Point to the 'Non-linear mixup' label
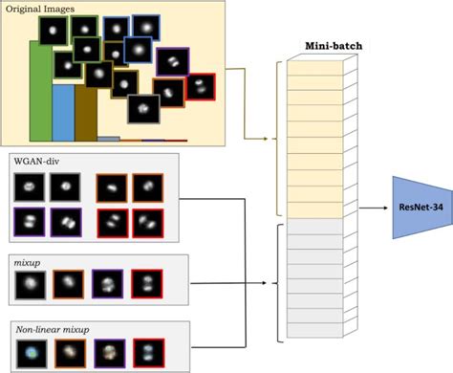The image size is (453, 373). click(54, 330)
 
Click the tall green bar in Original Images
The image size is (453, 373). click(40, 91)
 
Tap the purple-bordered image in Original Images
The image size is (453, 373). click(173, 63)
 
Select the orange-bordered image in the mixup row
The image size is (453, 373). click(68, 284)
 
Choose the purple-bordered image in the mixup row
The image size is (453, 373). click(108, 284)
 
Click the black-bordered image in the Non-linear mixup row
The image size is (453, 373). click(29, 353)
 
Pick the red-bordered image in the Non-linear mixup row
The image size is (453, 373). click(148, 353)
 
